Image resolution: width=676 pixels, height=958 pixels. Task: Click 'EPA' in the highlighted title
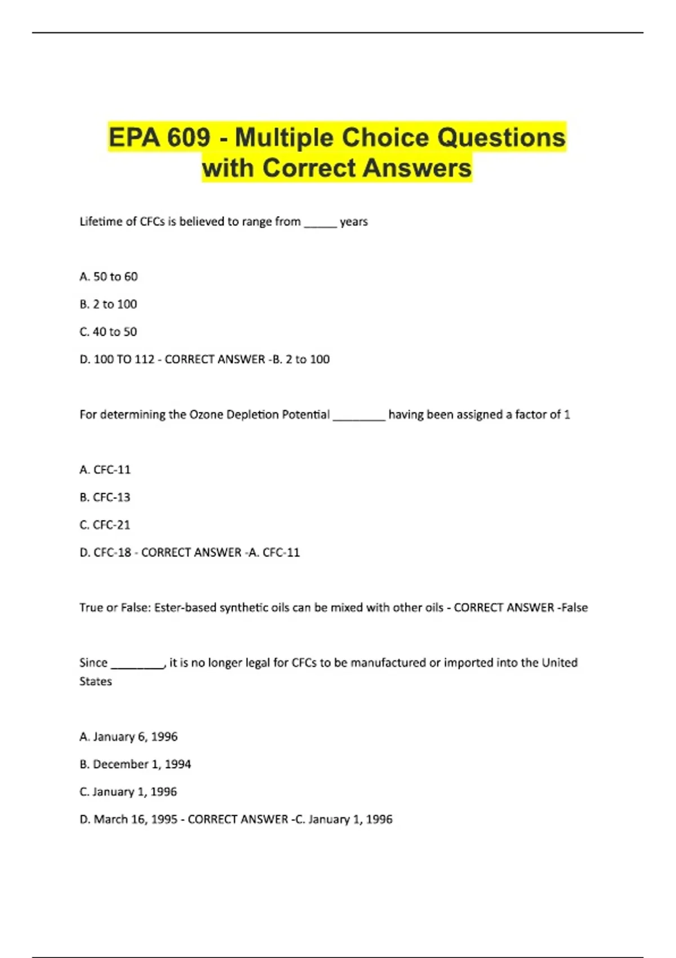(x=131, y=138)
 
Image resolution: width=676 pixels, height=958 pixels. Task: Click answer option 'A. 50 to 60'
(x=109, y=277)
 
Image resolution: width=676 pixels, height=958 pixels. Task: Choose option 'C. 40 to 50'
(x=108, y=332)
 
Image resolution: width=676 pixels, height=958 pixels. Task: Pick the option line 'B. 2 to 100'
(x=108, y=304)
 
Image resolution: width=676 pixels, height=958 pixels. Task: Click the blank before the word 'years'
(x=320, y=223)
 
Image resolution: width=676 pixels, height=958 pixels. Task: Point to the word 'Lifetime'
(x=101, y=221)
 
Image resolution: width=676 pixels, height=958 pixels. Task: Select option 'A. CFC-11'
(x=105, y=469)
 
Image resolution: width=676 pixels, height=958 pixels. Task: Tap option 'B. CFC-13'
(x=105, y=497)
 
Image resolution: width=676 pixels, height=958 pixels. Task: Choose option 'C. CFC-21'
(x=105, y=525)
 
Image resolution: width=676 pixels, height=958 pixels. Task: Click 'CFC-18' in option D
(x=112, y=552)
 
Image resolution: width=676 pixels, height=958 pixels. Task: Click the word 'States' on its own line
(x=96, y=681)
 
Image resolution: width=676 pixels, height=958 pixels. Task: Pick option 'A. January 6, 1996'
(x=128, y=737)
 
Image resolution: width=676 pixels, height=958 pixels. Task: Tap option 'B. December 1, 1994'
(x=135, y=764)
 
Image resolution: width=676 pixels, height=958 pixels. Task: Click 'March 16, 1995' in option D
(x=135, y=819)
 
